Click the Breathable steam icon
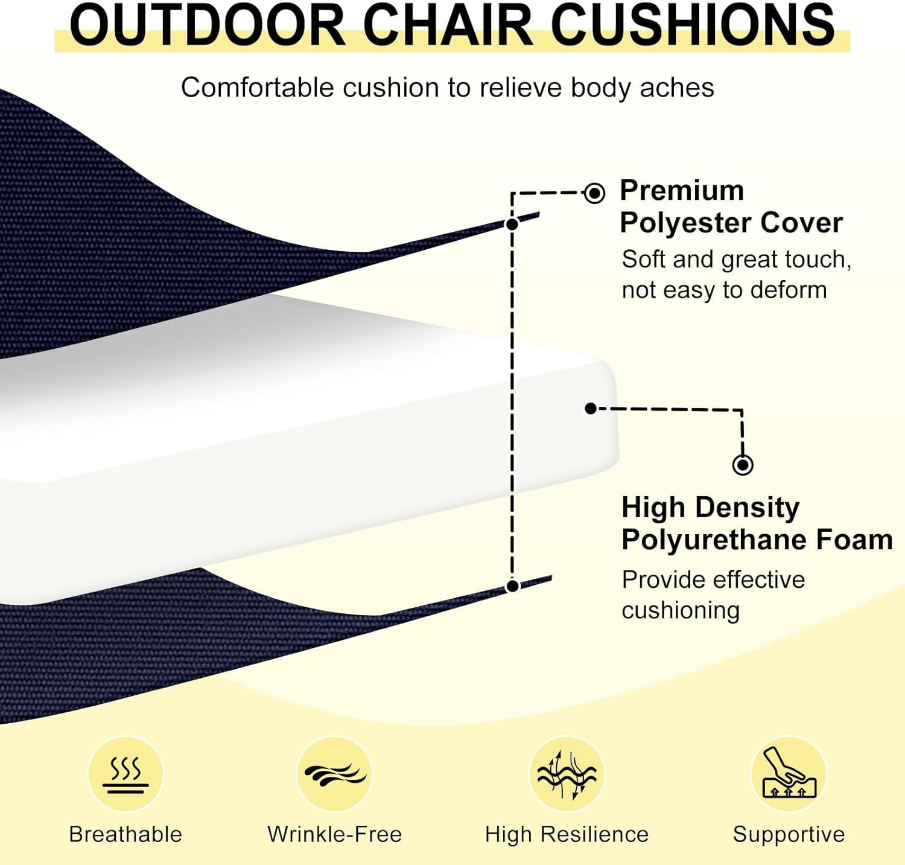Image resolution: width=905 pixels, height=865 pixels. click(x=125, y=774)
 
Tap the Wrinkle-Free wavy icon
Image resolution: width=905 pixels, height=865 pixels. click(x=335, y=774)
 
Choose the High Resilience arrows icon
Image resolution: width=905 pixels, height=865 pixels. click(x=567, y=774)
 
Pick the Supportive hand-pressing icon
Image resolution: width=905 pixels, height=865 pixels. click(x=789, y=774)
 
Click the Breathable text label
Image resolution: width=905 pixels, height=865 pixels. click(x=125, y=834)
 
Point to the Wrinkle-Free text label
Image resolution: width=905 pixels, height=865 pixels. click(x=335, y=834)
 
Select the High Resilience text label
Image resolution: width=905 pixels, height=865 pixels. click(x=567, y=834)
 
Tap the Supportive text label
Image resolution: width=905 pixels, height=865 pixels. click(x=789, y=834)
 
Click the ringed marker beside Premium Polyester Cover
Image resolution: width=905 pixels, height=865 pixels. click(x=594, y=193)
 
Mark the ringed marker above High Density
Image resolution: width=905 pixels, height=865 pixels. click(x=743, y=465)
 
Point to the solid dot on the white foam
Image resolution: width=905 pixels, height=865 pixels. click(x=591, y=409)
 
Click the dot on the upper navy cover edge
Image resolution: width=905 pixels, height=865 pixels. click(x=512, y=225)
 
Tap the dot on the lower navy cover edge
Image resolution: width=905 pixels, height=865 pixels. click(x=513, y=586)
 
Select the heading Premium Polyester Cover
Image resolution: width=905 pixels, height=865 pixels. click(x=731, y=206)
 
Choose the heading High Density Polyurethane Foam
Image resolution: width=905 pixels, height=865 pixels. click(x=757, y=523)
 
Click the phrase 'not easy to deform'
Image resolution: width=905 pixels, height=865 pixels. click(x=724, y=290)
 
